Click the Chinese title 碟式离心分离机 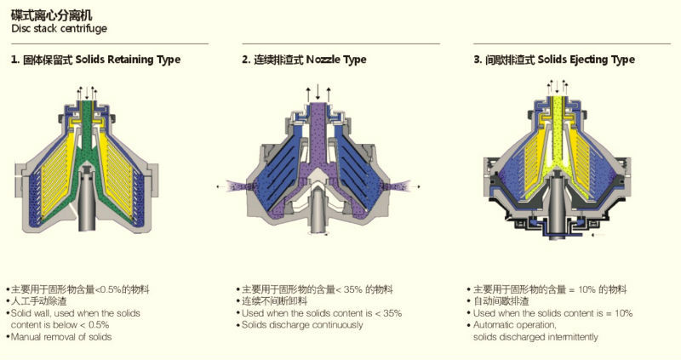(52, 15)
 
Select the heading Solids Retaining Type (128, 60)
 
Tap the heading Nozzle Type (336, 60)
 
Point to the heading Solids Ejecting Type (587, 60)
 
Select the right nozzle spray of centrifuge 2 (398, 186)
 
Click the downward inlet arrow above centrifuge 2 (318, 92)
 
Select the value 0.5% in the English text (99, 325)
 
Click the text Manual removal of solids (61, 337)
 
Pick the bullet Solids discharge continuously (302, 325)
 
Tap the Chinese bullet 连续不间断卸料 (274, 301)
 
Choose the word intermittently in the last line (573, 337)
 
